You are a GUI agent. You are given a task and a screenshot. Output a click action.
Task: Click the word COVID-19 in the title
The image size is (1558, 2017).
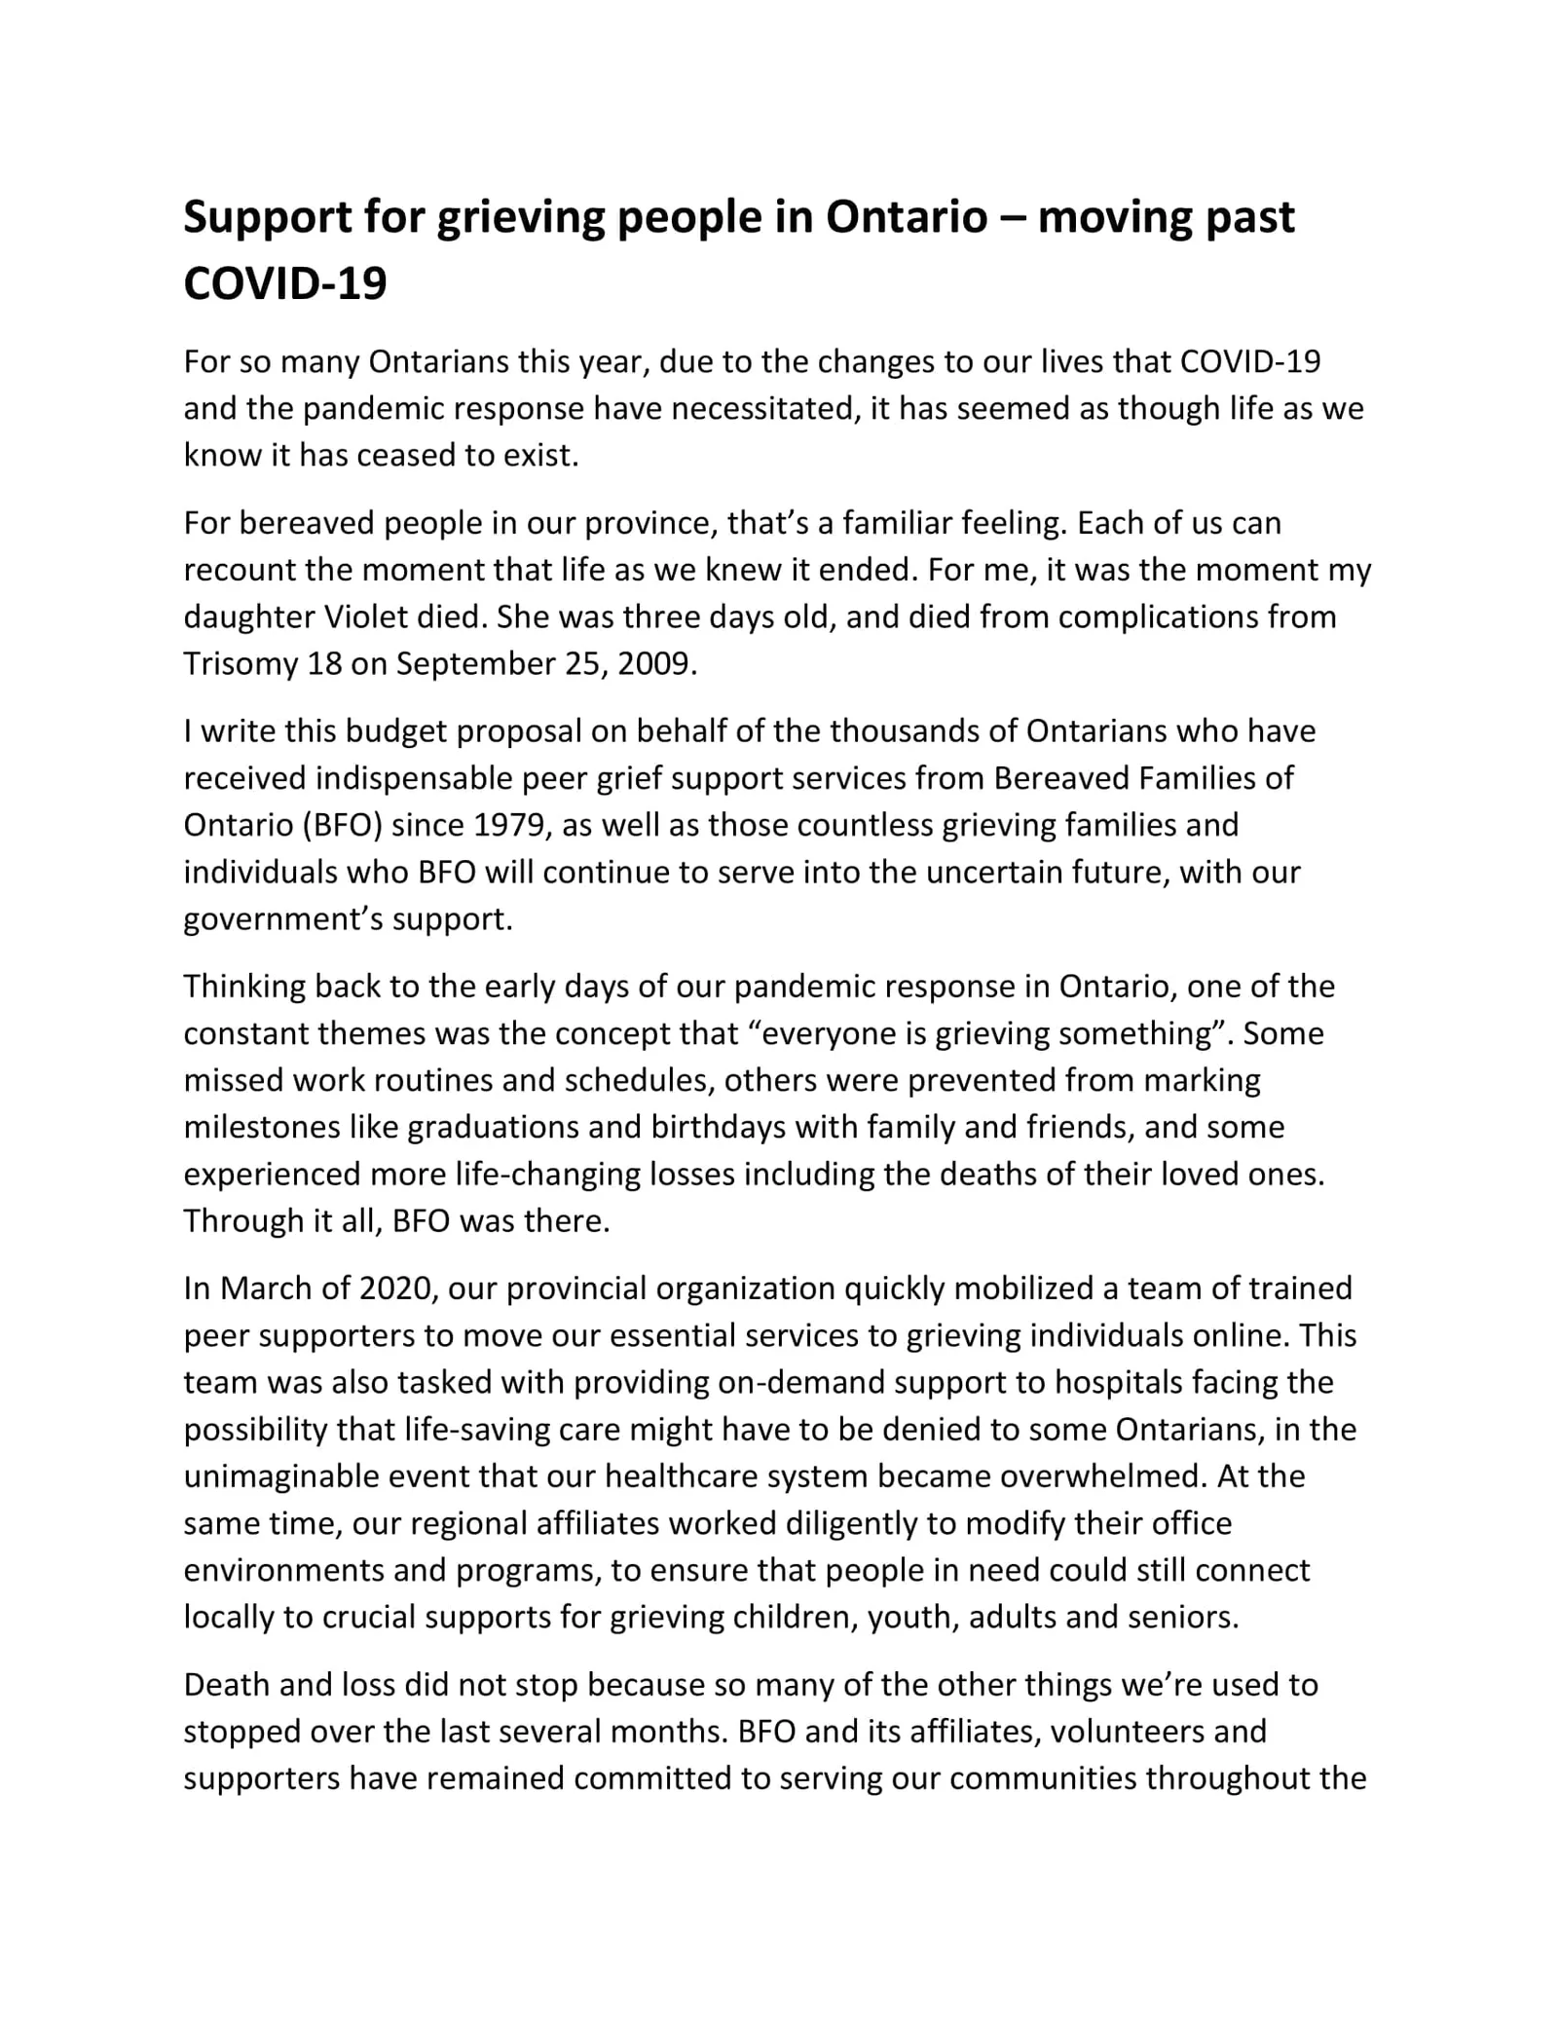click(285, 283)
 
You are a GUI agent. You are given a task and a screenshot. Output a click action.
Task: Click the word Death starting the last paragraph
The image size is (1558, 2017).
click(229, 1684)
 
